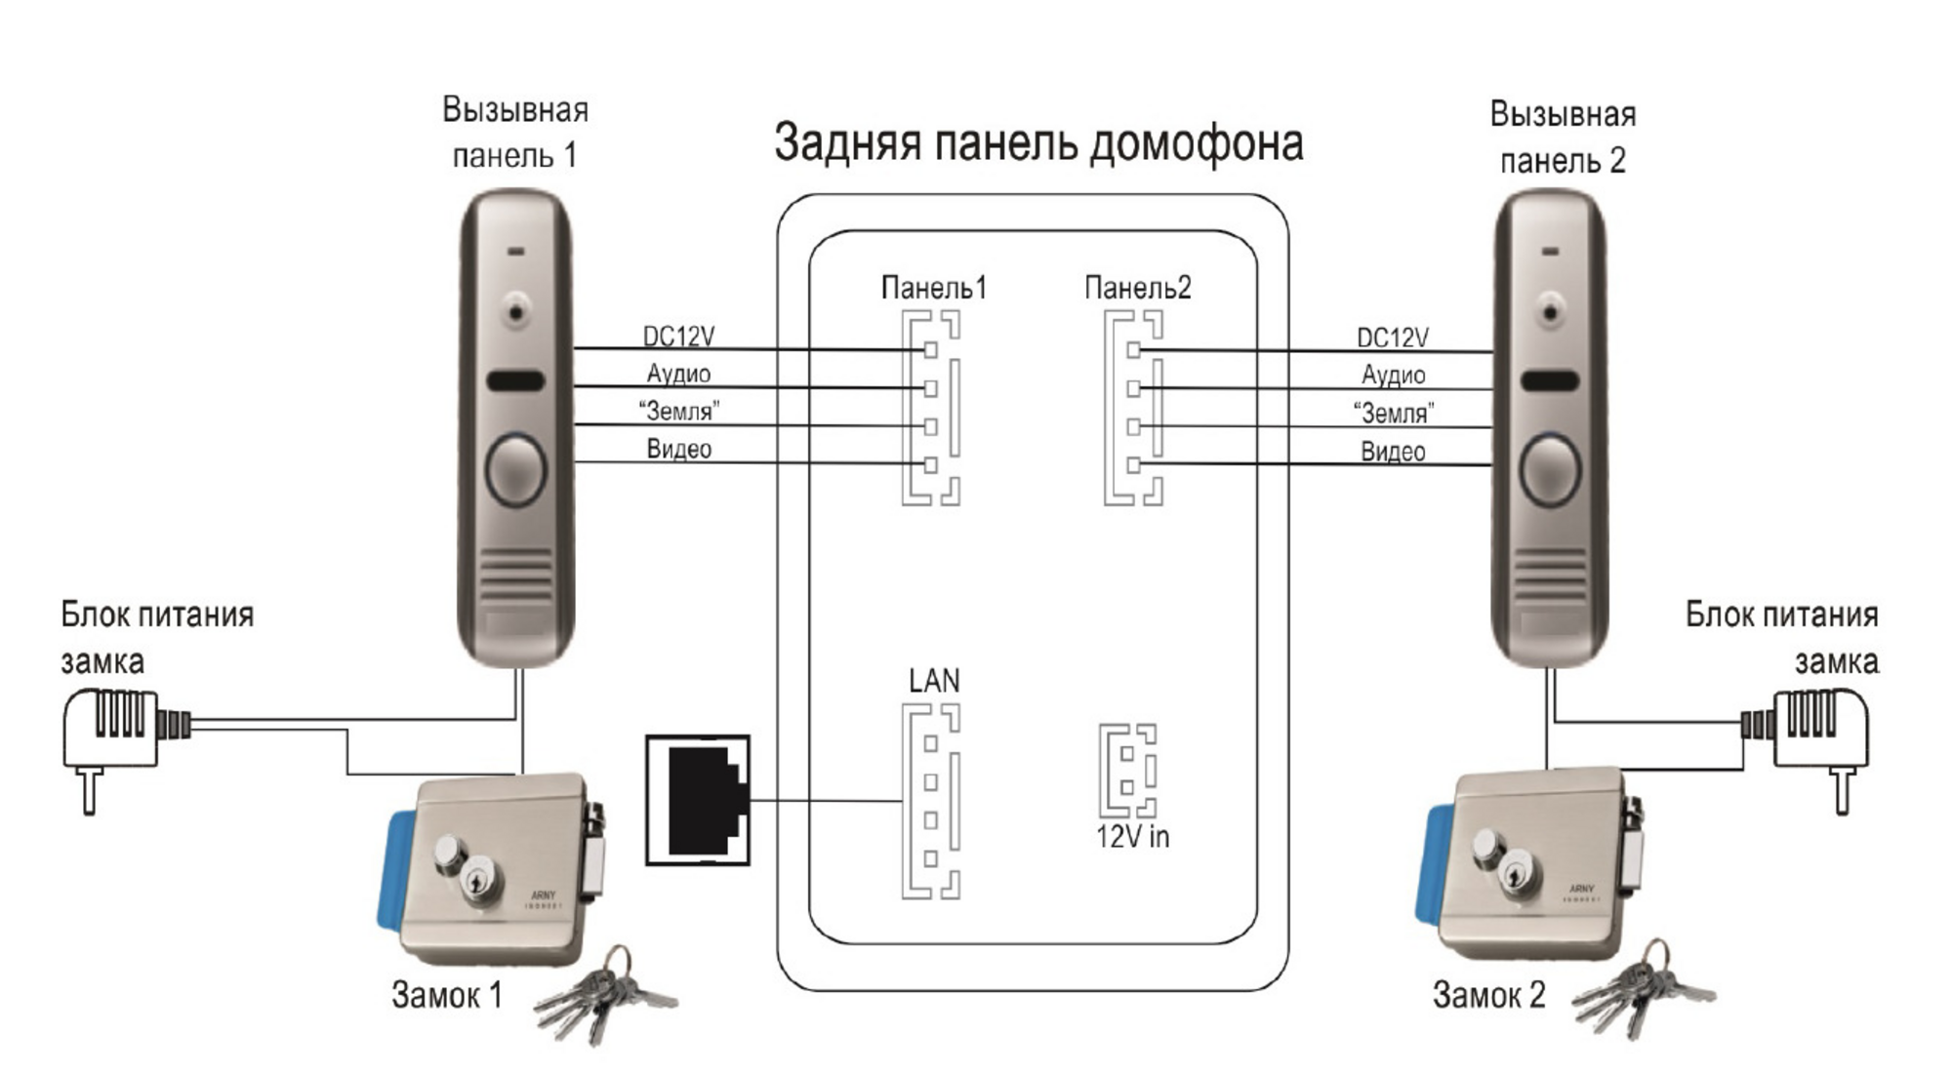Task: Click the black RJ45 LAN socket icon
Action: pos(698,800)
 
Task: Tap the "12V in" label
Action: pos(1132,836)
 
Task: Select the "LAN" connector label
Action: pos(934,680)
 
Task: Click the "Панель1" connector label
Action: pos(933,288)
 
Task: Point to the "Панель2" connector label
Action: pos(1137,288)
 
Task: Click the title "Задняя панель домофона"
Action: pos(1038,142)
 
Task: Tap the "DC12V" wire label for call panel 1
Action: pos(678,336)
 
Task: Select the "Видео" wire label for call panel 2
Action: pos(1393,452)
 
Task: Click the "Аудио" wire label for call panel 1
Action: pos(678,374)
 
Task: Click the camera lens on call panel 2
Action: pos(1550,312)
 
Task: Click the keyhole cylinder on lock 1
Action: pos(481,883)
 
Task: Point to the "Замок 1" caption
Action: pos(446,995)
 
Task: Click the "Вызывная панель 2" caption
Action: pos(1563,138)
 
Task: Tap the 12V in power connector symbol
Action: pos(1127,771)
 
